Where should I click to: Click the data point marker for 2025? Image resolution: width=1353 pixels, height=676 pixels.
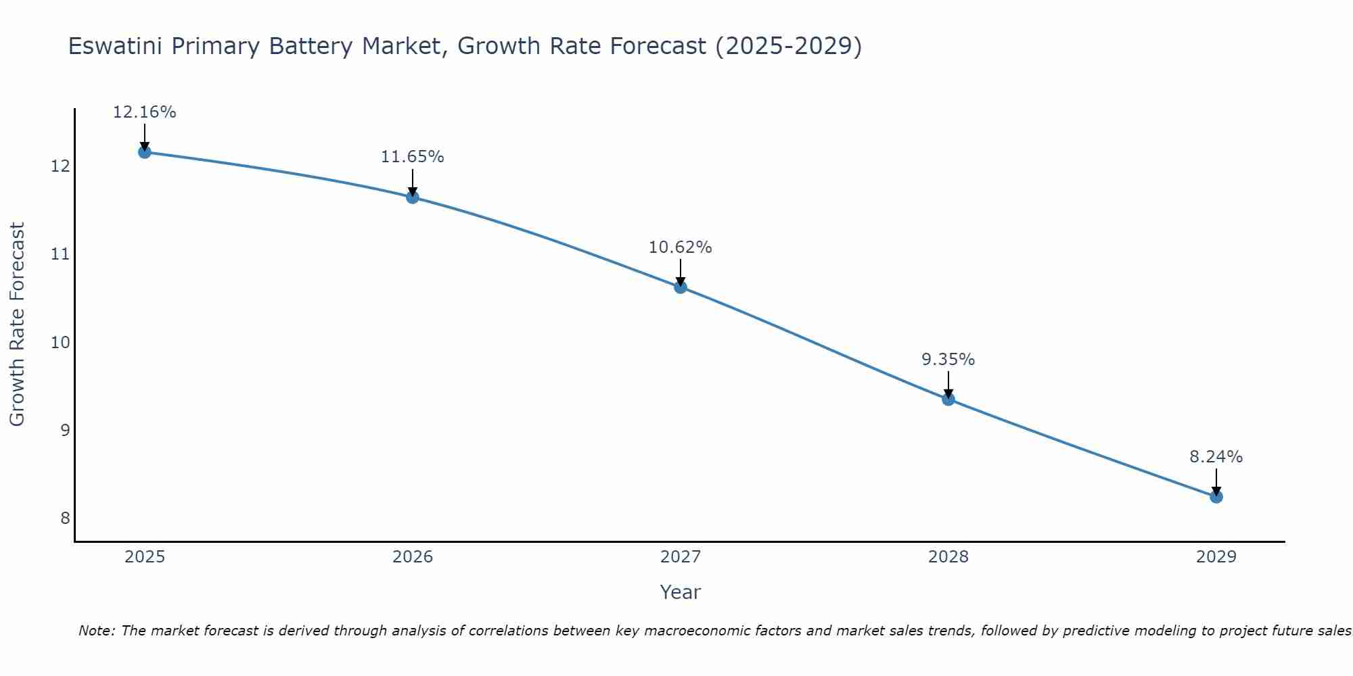click(x=144, y=152)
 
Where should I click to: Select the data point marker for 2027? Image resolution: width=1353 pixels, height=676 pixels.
click(x=681, y=287)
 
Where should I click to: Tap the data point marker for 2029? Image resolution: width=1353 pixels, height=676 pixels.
click(x=1216, y=497)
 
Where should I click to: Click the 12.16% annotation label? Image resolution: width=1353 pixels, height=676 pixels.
click(x=144, y=112)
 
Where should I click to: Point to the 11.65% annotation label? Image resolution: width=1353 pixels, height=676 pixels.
click(x=412, y=157)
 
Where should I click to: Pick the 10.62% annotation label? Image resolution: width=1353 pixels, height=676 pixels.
click(x=680, y=247)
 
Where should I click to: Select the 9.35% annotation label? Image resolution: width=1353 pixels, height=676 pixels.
click(x=948, y=360)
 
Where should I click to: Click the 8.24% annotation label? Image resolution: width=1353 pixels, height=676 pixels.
click(x=1216, y=457)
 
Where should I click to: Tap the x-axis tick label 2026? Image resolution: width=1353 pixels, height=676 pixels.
click(x=413, y=557)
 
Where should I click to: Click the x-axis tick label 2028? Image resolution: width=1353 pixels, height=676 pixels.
click(x=948, y=557)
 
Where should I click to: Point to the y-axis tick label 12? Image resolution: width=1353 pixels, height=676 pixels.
click(x=61, y=166)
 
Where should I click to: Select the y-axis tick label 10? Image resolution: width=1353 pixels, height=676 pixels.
click(x=61, y=342)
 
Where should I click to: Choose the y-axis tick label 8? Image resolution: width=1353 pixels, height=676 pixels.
click(x=65, y=518)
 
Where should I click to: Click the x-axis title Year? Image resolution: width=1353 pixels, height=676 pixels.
click(x=680, y=592)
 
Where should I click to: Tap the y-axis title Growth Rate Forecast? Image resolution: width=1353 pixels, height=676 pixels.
click(x=17, y=324)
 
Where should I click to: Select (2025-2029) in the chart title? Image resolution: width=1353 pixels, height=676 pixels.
click(x=788, y=47)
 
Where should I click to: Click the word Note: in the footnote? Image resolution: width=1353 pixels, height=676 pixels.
click(x=98, y=631)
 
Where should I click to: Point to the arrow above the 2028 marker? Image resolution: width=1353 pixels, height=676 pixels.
click(x=948, y=384)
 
